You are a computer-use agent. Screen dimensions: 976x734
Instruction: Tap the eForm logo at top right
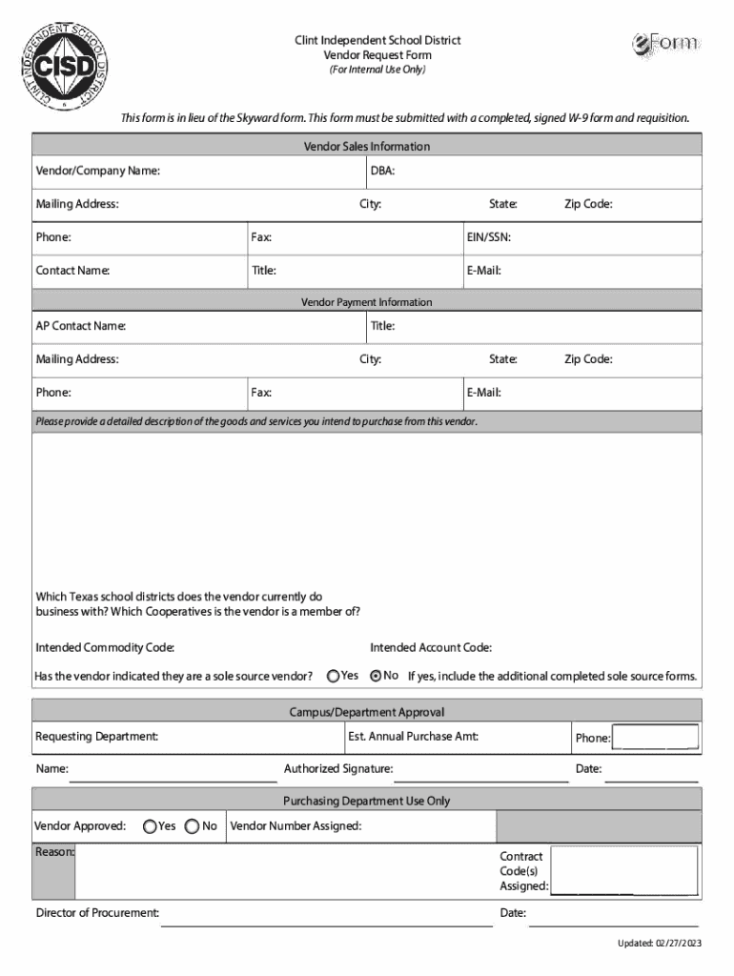(x=665, y=44)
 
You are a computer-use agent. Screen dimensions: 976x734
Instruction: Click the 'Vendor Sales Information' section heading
(x=367, y=147)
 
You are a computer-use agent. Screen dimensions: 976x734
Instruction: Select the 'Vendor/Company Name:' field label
(x=98, y=172)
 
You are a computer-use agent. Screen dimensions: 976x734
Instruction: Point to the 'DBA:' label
(x=382, y=172)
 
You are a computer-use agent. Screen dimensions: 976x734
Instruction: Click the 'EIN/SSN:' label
(x=489, y=236)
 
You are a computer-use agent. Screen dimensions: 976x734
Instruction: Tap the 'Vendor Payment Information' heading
(x=367, y=302)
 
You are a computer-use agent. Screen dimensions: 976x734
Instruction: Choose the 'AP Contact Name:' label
(x=81, y=326)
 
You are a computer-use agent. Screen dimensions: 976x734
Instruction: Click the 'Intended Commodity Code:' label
(x=105, y=648)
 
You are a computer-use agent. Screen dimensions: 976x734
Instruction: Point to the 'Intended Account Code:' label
(x=431, y=648)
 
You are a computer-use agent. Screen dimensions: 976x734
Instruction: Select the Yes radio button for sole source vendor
(x=333, y=676)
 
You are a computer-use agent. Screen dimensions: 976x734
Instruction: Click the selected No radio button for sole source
(x=376, y=676)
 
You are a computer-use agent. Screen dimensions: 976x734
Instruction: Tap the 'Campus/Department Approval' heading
(x=367, y=712)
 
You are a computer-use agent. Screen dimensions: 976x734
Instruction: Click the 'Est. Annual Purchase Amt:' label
(x=414, y=737)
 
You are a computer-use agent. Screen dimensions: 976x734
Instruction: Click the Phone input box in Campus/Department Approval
(x=655, y=738)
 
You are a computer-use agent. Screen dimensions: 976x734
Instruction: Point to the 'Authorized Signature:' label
(x=338, y=769)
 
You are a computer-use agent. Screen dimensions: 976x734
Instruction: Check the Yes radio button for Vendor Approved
(x=150, y=826)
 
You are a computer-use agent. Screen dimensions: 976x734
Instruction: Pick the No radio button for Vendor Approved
(x=192, y=826)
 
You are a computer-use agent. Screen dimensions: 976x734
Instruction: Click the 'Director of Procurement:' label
(x=97, y=913)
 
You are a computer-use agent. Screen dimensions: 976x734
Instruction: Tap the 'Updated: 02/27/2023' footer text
(x=659, y=944)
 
